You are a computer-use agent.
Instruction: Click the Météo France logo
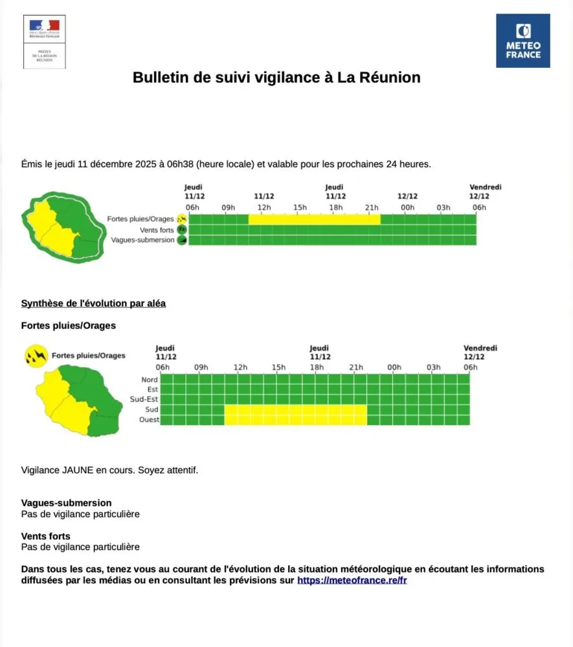tap(522, 41)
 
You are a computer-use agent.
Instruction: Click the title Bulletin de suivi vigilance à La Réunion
tap(276, 78)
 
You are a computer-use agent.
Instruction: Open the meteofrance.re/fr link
tap(352, 580)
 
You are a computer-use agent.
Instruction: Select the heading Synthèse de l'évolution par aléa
tap(93, 303)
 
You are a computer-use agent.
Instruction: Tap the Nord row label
tap(149, 380)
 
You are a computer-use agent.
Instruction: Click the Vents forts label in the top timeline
tap(157, 230)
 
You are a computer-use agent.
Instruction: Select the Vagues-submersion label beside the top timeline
tap(142, 240)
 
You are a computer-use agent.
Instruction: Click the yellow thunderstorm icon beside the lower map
tap(36, 355)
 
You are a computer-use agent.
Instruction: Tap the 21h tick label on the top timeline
tap(372, 208)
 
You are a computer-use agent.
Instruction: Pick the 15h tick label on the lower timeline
tap(278, 367)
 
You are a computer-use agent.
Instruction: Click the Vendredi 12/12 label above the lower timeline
tap(480, 353)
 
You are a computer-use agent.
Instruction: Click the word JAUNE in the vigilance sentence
tap(78, 470)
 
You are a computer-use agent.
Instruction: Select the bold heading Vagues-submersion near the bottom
tap(66, 503)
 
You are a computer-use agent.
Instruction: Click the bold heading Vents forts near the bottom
tap(45, 536)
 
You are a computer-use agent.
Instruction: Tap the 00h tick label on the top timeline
tap(407, 208)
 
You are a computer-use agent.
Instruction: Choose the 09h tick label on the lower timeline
tap(201, 367)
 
